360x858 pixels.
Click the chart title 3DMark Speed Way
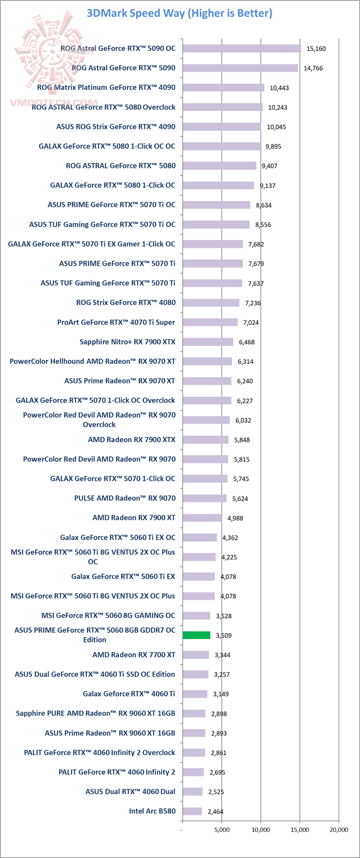(x=179, y=13)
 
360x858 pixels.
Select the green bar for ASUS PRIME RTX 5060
(x=196, y=635)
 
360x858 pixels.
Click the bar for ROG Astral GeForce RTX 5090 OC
(x=242, y=48)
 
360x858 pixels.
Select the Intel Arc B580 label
(x=152, y=811)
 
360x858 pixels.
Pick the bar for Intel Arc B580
(x=192, y=811)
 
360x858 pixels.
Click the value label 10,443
(x=279, y=88)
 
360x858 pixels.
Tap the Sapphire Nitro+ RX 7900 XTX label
(x=127, y=342)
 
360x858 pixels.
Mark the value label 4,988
(x=235, y=518)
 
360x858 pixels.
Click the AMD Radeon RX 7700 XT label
(x=134, y=655)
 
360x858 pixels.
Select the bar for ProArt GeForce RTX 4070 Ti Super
(x=210, y=322)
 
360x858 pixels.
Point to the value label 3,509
(x=223, y=636)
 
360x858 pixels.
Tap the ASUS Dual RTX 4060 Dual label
(x=130, y=792)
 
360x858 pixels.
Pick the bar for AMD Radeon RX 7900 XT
(x=202, y=518)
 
